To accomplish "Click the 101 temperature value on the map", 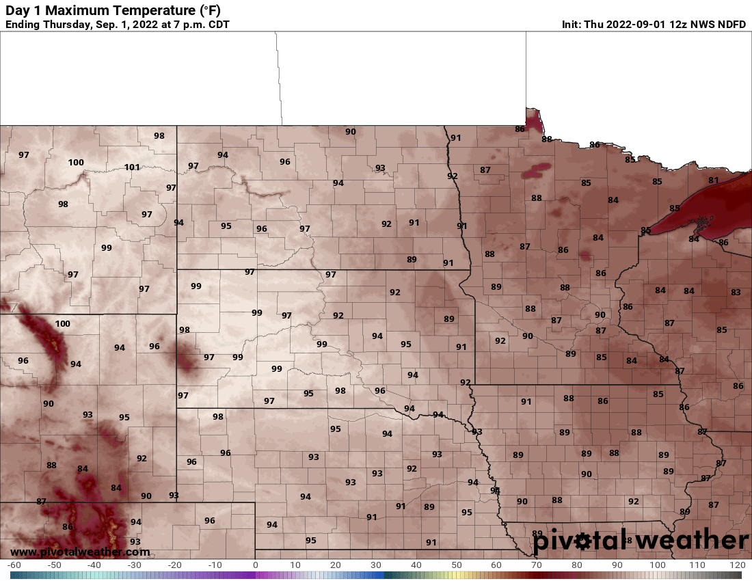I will (x=133, y=167).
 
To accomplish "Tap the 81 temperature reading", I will (x=714, y=180).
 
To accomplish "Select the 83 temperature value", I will (x=736, y=293).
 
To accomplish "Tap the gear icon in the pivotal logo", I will (x=582, y=542).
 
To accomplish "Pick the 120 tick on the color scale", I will (x=737, y=565).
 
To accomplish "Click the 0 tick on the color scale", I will (x=255, y=565).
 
